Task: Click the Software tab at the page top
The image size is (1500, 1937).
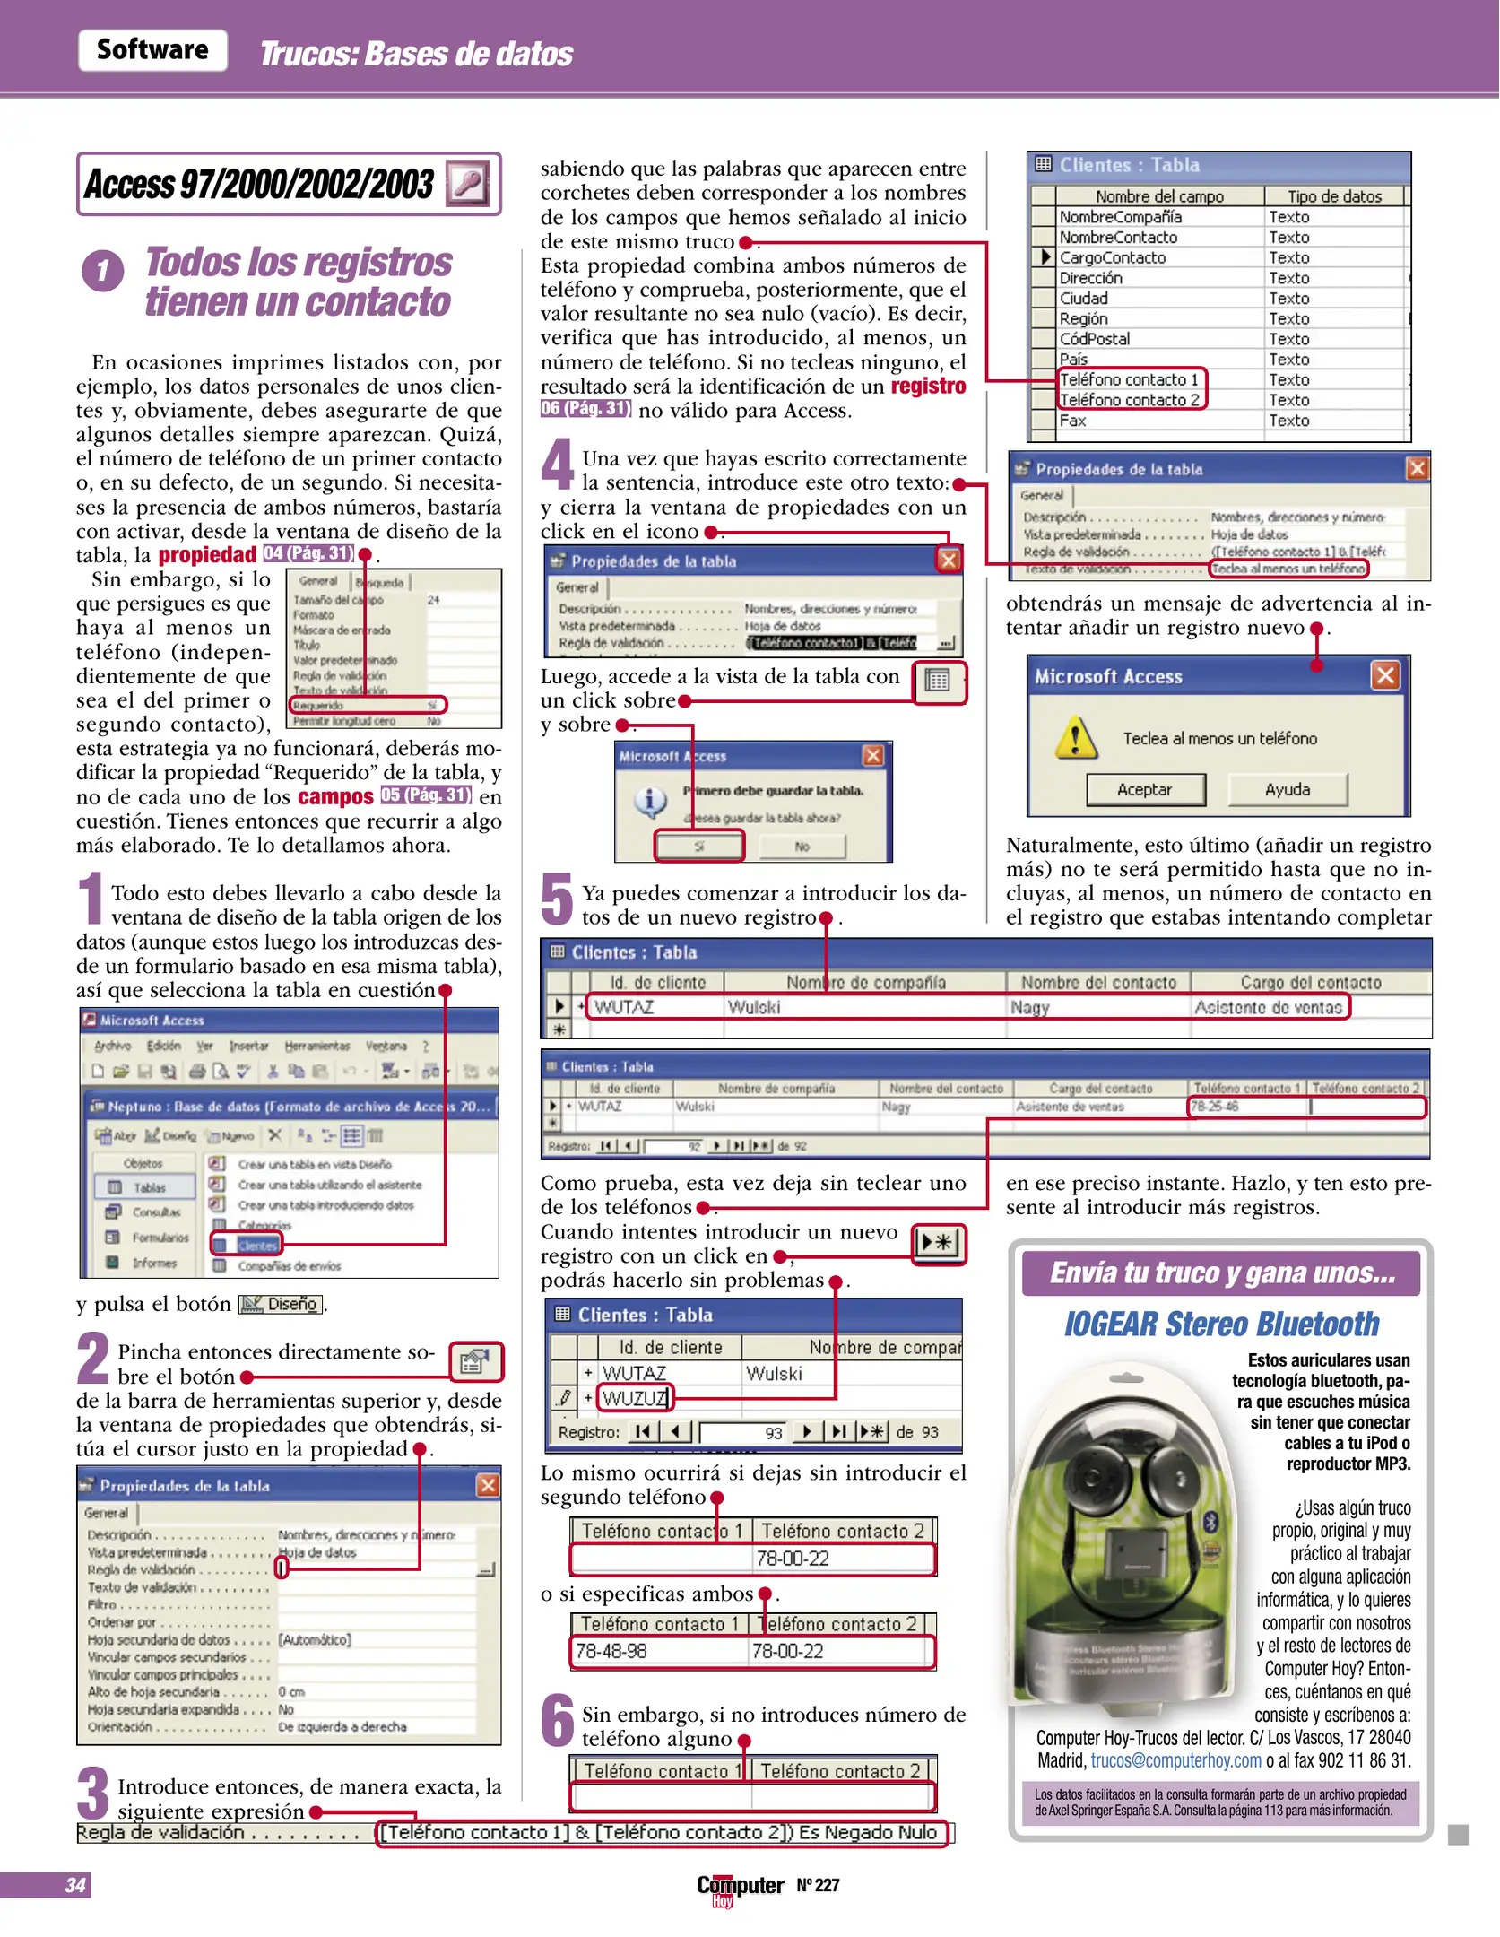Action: [x=152, y=49]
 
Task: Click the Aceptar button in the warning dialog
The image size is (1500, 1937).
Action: [x=1145, y=789]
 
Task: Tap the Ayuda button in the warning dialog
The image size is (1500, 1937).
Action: [x=1287, y=789]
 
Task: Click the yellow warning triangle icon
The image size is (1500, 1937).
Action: [x=1074, y=738]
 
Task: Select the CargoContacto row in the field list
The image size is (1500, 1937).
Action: [x=1113, y=257]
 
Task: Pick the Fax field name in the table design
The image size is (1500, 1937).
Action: [x=1073, y=421]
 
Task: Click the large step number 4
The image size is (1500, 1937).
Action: [x=557, y=465]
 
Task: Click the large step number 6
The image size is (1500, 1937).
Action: [x=557, y=1720]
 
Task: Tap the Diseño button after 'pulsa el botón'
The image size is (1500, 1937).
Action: [x=282, y=1304]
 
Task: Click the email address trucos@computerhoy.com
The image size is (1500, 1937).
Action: [x=1175, y=1760]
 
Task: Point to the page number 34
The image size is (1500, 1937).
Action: [x=75, y=1885]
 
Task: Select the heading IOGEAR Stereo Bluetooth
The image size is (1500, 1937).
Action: [x=1221, y=1324]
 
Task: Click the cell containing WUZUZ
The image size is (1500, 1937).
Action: [x=634, y=1398]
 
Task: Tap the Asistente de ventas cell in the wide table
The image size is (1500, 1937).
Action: [x=1268, y=1007]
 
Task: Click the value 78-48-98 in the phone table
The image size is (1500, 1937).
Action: [x=611, y=1651]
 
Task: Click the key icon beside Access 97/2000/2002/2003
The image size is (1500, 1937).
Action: [x=468, y=184]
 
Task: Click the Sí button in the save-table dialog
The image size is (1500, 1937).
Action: [x=699, y=846]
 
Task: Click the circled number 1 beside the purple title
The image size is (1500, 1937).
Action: [x=103, y=271]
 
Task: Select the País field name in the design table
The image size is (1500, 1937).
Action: [x=1073, y=360]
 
